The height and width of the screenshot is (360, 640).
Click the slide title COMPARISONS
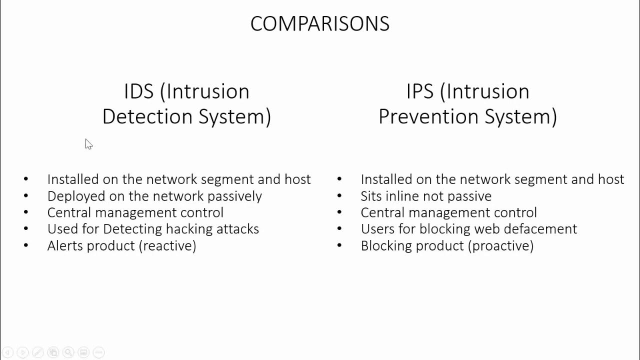coord(319,24)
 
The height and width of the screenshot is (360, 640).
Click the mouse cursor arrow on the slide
coord(88,144)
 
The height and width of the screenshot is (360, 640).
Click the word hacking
coord(189,229)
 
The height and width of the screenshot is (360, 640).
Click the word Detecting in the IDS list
coord(132,229)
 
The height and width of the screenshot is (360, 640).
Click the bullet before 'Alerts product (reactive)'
coord(26,245)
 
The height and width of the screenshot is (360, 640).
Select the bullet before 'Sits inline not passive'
coord(339,195)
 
